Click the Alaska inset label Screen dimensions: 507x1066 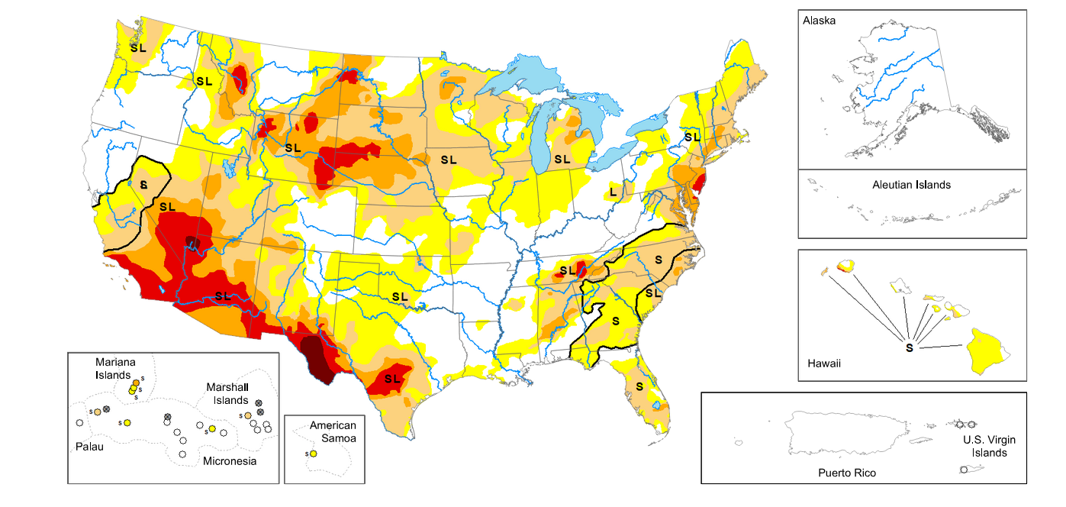coord(820,21)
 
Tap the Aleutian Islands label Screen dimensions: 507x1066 coord(911,185)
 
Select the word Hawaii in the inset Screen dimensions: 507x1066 coord(824,363)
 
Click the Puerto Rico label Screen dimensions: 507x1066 coord(847,473)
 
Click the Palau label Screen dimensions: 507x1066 coord(89,447)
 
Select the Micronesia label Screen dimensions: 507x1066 coord(229,461)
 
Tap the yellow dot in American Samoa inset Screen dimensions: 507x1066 coord(314,454)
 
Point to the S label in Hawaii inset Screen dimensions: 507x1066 coord(909,347)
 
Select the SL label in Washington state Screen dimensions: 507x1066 coord(138,47)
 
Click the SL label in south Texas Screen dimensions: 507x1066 coord(392,379)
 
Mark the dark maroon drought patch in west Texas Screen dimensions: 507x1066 coord(316,359)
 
